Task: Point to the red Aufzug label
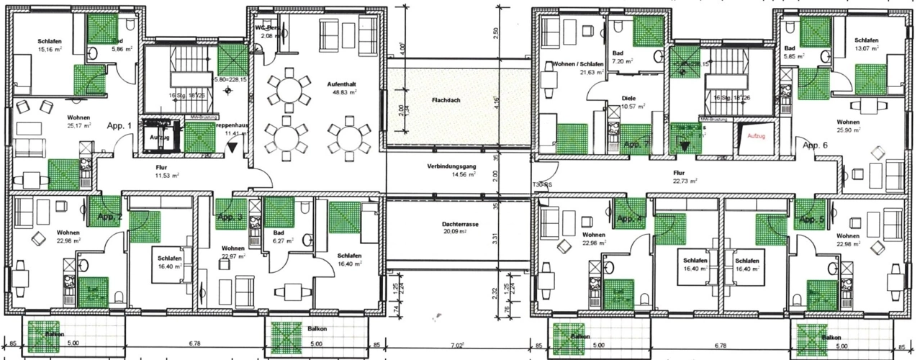click(x=756, y=135)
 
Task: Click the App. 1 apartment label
click(x=119, y=125)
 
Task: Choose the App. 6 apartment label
click(x=816, y=145)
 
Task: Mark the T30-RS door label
click(x=543, y=184)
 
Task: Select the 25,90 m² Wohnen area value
click(x=849, y=130)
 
